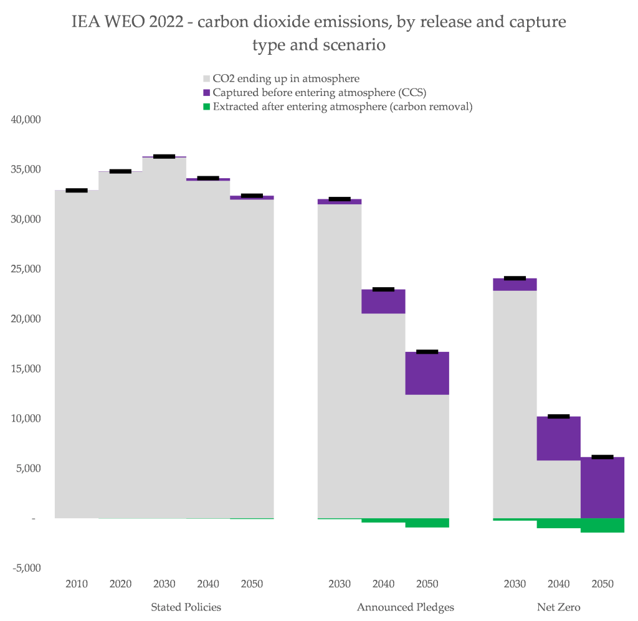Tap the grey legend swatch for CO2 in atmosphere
click(207, 79)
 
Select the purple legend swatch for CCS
click(207, 93)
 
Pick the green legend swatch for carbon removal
click(207, 107)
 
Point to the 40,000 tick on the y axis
click(26, 120)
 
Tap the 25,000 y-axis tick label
click(26, 269)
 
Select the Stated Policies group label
click(186, 607)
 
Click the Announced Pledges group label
click(406, 607)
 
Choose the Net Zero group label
click(559, 607)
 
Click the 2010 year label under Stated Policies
click(77, 584)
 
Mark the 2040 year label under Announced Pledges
click(383, 584)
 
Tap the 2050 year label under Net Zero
click(602, 584)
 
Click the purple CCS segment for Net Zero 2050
click(602, 487)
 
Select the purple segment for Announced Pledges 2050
click(427, 373)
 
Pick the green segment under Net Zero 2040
click(559, 523)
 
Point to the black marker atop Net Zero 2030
click(515, 278)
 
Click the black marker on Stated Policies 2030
click(164, 156)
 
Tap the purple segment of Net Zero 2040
click(559, 438)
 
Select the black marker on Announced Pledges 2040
click(383, 289)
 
